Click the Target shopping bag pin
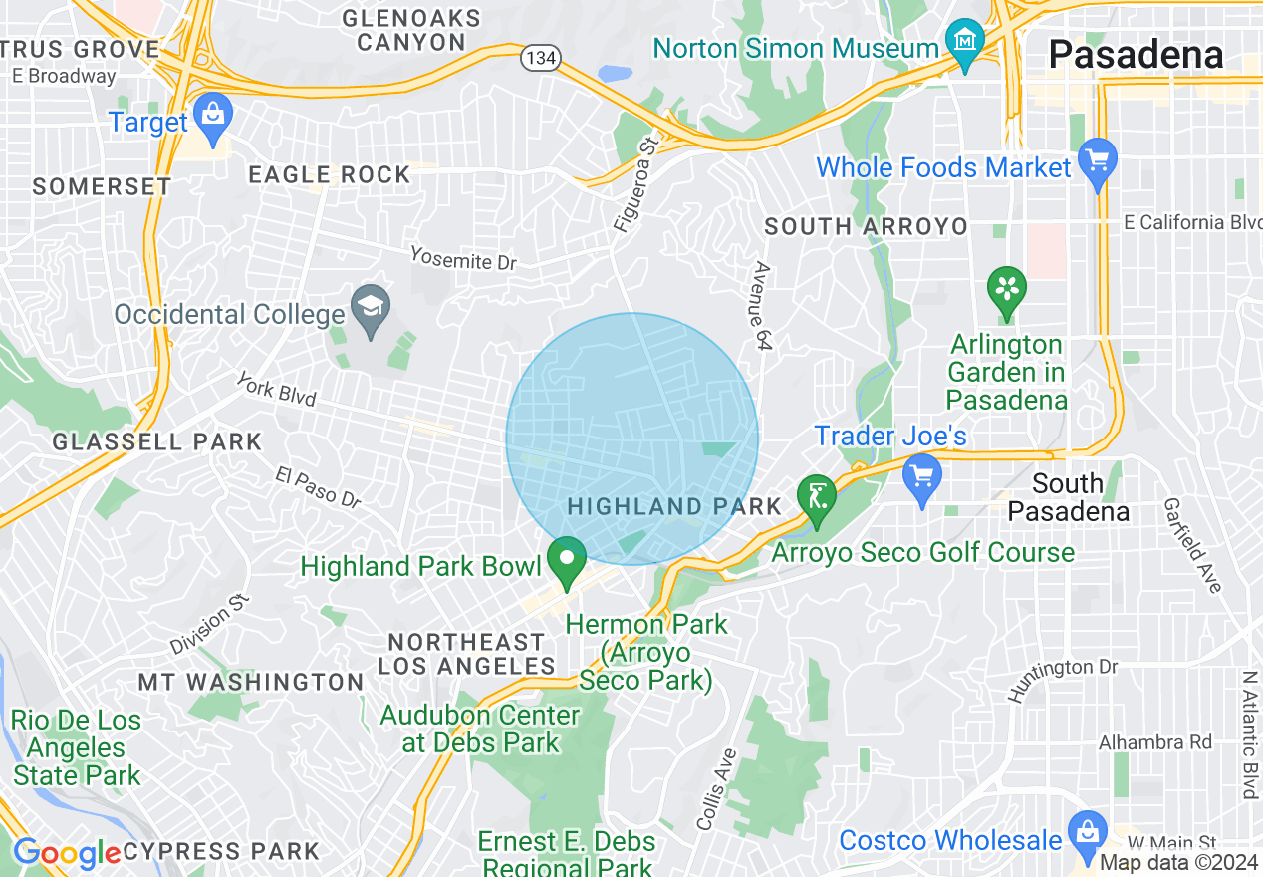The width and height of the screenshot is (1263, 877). [212, 117]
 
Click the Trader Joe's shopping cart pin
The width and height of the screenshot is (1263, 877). [922, 477]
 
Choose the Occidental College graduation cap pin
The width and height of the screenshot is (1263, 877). [372, 310]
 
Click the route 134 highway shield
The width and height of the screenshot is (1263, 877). [541, 59]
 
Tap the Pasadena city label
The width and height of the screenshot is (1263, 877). [1136, 54]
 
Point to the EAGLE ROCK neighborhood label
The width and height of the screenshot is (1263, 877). [329, 175]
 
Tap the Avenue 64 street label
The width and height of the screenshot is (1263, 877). [763, 307]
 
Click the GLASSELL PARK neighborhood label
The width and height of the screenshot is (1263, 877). [156, 441]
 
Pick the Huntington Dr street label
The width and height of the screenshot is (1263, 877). [1062, 679]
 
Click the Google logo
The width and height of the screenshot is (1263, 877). [66, 853]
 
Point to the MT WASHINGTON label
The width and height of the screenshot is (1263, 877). [251, 682]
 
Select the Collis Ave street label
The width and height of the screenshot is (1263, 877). [717, 788]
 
